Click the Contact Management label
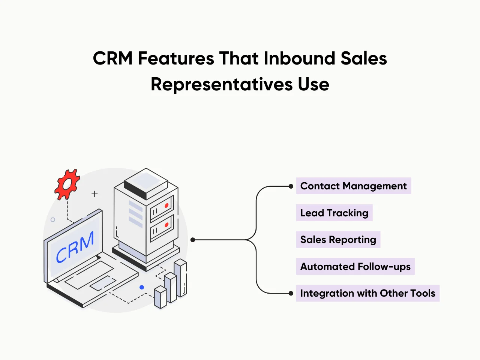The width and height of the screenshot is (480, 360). [x=353, y=186]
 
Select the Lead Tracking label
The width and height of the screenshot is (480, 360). [x=334, y=213]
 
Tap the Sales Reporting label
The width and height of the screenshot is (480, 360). [x=338, y=240]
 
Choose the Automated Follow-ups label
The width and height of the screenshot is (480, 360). [x=355, y=267]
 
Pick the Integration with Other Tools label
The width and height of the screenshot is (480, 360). [x=367, y=293]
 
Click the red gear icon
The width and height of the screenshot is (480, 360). [x=67, y=184]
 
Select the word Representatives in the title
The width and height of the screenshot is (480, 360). [x=222, y=84]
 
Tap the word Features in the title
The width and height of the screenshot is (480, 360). [x=176, y=58]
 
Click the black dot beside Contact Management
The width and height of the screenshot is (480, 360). [x=291, y=186]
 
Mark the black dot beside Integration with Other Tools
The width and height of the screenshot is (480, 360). [x=291, y=293]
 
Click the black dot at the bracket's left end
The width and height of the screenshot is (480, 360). [x=193, y=240]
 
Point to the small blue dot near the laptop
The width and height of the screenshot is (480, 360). [x=142, y=287]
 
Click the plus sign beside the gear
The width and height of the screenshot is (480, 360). [x=94, y=194]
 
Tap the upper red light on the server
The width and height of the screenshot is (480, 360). [x=166, y=205]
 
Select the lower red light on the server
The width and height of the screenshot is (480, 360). [x=166, y=225]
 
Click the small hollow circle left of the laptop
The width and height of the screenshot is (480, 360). [x=53, y=220]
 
